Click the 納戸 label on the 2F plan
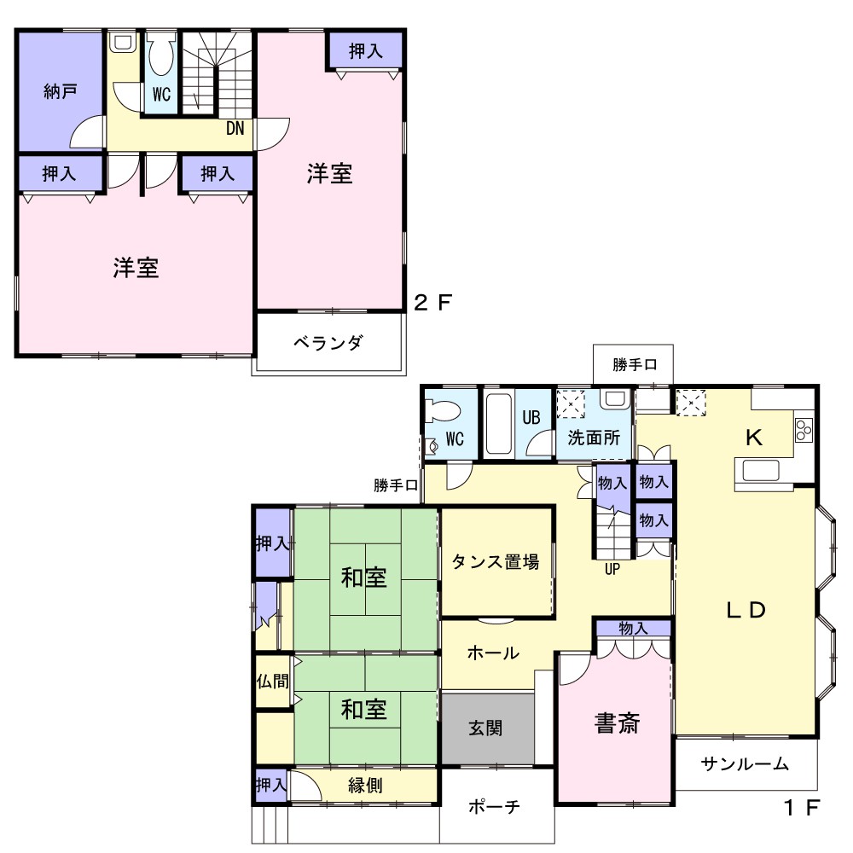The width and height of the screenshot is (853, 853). coord(61,91)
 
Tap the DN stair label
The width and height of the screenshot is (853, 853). coord(235,129)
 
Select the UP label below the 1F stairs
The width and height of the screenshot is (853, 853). coord(612,570)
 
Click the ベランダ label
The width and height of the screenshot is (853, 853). coord(328,342)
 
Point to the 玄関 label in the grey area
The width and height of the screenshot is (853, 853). coord(485,728)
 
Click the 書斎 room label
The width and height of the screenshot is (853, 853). coord(617,723)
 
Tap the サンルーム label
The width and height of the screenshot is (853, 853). coord(745,763)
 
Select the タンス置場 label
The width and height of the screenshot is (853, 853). coord(496,561)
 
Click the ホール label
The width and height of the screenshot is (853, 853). coord(493,653)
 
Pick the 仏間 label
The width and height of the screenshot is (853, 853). coord(273,681)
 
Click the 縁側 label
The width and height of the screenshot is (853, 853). coord(365,785)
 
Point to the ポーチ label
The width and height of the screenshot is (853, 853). coord(494,806)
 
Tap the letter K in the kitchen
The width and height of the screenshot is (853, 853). coord(753,438)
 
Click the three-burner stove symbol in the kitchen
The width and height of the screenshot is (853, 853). coord(804,430)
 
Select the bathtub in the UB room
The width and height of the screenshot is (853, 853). coord(498,424)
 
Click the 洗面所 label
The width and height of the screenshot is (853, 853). coord(594,438)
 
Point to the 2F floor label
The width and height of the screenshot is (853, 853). coord(433,303)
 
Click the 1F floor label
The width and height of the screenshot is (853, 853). coord(801,808)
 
